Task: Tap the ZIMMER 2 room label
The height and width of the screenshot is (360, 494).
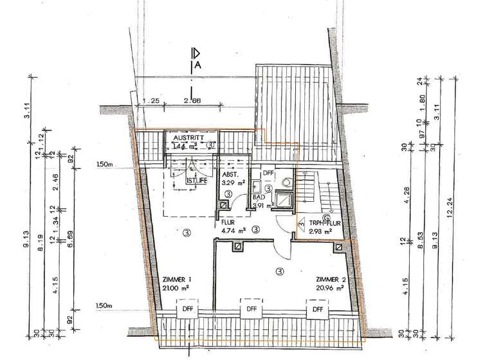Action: click(332, 280)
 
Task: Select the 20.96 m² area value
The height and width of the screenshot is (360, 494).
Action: click(329, 288)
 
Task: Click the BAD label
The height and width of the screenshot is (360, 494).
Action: click(259, 197)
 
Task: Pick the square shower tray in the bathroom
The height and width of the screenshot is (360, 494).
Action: click(284, 200)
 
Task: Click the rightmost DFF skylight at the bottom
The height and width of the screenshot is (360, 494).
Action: click(318, 310)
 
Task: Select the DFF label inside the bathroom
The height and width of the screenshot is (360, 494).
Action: click(268, 173)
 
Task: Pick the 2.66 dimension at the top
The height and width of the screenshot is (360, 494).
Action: click(192, 101)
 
